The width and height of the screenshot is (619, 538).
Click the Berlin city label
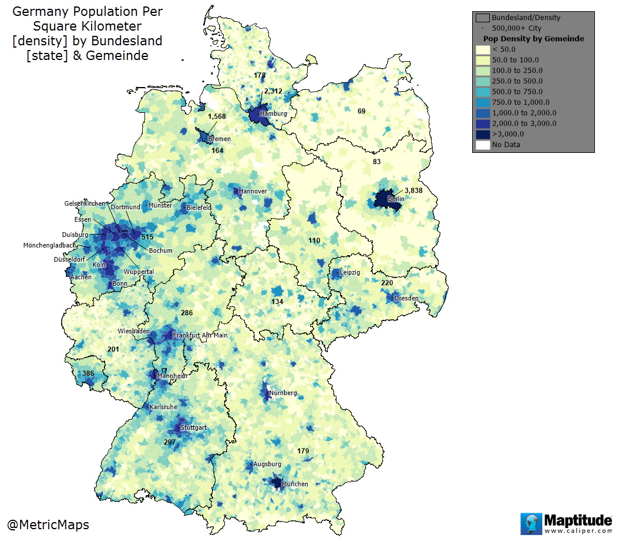[396, 199]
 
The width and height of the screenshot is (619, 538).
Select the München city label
[294, 484]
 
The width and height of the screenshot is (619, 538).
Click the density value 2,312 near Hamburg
[273, 91]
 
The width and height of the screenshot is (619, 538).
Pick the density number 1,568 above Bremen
[217, 116]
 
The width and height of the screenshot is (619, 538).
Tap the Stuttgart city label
[194, 427]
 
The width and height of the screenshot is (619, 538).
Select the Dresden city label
[406, 298]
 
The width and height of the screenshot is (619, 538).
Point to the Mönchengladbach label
[49, 245]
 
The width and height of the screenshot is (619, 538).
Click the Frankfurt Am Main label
[200, 335]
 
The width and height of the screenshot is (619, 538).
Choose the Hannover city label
[253, 191]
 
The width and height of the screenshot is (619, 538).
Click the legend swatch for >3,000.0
[483, 134]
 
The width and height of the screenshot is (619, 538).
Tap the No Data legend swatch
[483, 145]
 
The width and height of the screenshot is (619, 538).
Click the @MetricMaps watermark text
[48, 524]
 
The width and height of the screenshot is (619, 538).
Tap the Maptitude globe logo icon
[530, 523]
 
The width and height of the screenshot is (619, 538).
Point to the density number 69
[361, 111]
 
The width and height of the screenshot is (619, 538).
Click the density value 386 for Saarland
[88, 373]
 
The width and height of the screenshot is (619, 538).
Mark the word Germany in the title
[39, 11]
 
